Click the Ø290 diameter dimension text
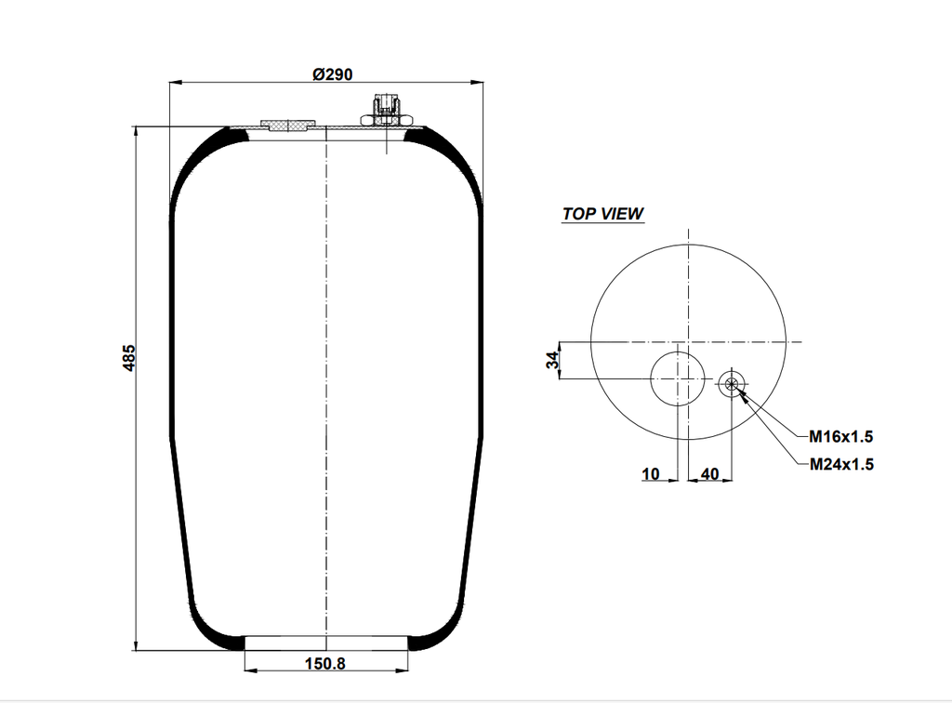(x=332, y=74)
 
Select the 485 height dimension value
(x=130, y=357)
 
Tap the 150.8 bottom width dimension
(x=326, y=663)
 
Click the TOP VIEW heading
(x=602, y=214)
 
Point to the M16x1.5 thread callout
(x=840, y=435)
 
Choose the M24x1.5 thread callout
(x=840, y=464)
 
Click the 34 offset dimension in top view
(x=552, y=360)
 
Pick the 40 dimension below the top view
(x=709, y=474)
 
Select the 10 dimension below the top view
(x=651, y=474)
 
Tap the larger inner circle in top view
(x=678, y=379)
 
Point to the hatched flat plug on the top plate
(x=287, y=125)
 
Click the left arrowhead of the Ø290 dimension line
(x=174, y=83)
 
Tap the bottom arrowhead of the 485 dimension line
(x=137, y=646)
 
